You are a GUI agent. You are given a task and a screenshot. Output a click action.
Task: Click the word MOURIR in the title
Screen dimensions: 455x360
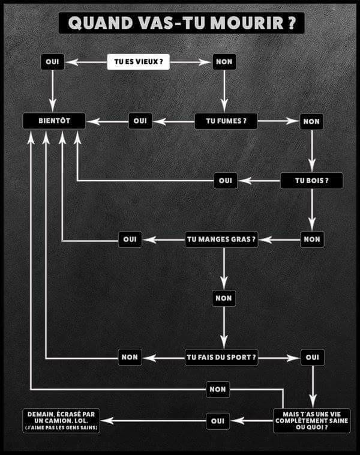click(244, 23)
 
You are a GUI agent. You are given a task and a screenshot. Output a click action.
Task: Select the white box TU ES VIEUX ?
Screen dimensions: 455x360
click(138, 62)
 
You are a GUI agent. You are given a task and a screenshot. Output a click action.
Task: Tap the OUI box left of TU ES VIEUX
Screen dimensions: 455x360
click(53, 62)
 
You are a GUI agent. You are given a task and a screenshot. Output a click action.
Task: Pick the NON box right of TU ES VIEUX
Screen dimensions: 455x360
click(224, 62)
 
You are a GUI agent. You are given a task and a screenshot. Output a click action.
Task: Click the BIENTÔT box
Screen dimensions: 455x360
click(54, 121)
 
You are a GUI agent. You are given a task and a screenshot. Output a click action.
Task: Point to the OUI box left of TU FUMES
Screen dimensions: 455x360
click(140, 121)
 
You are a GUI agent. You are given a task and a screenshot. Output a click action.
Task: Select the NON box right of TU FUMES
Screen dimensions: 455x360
click(311, 121)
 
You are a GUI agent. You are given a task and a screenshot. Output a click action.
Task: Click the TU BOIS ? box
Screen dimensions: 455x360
click(311, 180)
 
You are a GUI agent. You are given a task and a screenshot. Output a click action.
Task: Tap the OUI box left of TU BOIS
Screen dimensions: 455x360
click(226, 180)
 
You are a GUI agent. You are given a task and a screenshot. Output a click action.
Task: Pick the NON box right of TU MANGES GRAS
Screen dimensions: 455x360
click(312, 239)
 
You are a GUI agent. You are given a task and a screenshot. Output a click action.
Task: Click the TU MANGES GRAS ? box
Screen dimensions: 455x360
click(222, 239)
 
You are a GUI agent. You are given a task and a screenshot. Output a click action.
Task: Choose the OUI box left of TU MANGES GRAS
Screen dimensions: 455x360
click(130, 239)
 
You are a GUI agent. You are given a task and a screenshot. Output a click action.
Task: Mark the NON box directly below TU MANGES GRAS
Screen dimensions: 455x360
click(224, 298)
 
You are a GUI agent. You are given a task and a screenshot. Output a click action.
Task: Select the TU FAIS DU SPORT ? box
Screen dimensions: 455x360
click(222, 357)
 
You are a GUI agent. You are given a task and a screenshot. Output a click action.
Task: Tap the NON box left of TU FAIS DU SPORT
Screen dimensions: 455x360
click(130, 357)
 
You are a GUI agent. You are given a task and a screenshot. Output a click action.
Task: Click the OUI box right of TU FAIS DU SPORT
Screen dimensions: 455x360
click(312, 357)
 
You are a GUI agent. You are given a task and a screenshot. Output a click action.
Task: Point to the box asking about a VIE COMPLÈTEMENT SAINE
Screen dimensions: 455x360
click(311, 420)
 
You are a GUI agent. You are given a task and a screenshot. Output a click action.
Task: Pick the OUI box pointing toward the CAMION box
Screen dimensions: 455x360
click(218, 421)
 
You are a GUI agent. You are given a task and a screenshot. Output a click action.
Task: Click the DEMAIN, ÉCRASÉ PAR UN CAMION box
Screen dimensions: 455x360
click(61, 420)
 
